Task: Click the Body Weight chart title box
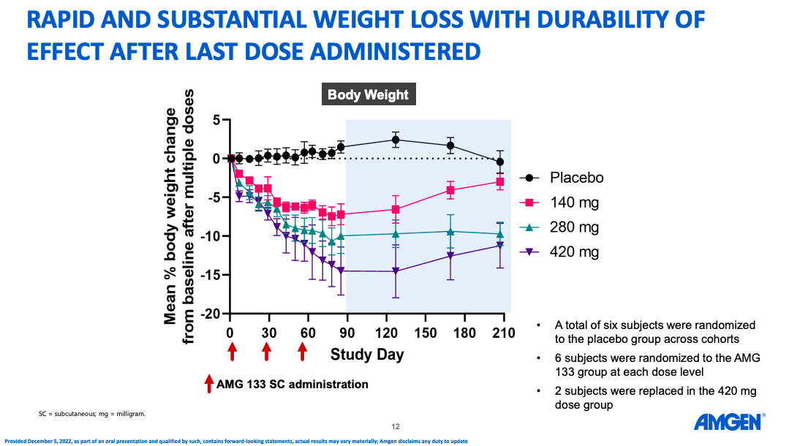368,95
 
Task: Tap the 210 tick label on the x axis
503,333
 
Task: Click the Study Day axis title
366,356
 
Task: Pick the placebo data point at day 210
500,162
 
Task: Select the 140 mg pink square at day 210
500,181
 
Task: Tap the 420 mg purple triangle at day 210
500,246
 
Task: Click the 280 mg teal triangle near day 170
450,231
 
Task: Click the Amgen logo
728,422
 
